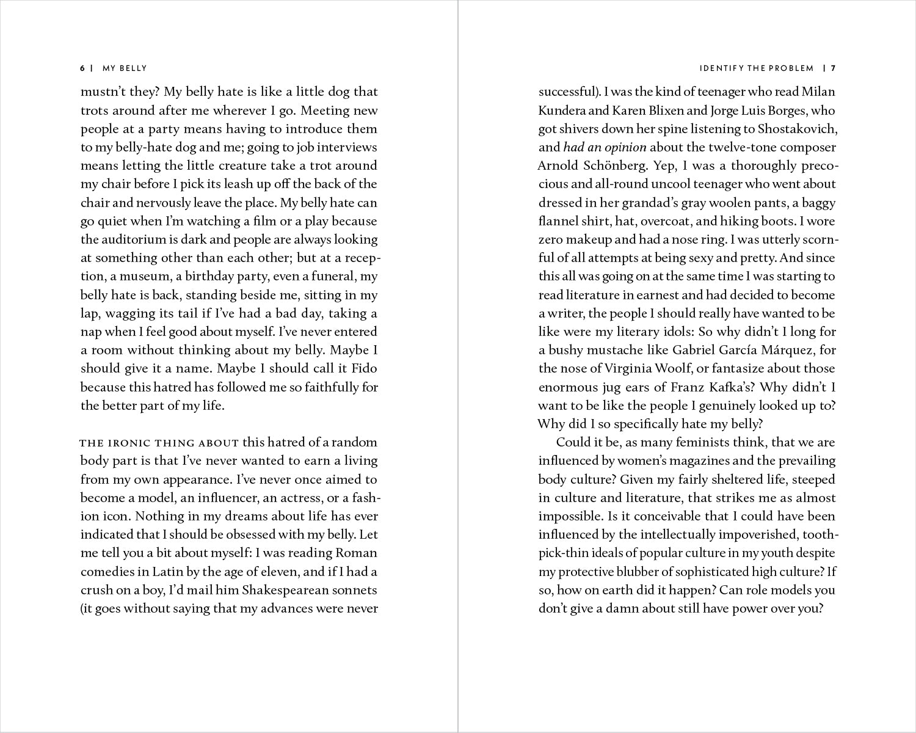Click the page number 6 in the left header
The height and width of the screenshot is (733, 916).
tap(82, 68)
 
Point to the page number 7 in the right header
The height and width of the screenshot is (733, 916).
tap(832, 68)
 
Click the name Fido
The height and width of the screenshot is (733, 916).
tap(365, 368)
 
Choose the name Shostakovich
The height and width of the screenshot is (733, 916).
tap(798, 129)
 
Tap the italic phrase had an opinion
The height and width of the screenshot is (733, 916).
tap(605, 147)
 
